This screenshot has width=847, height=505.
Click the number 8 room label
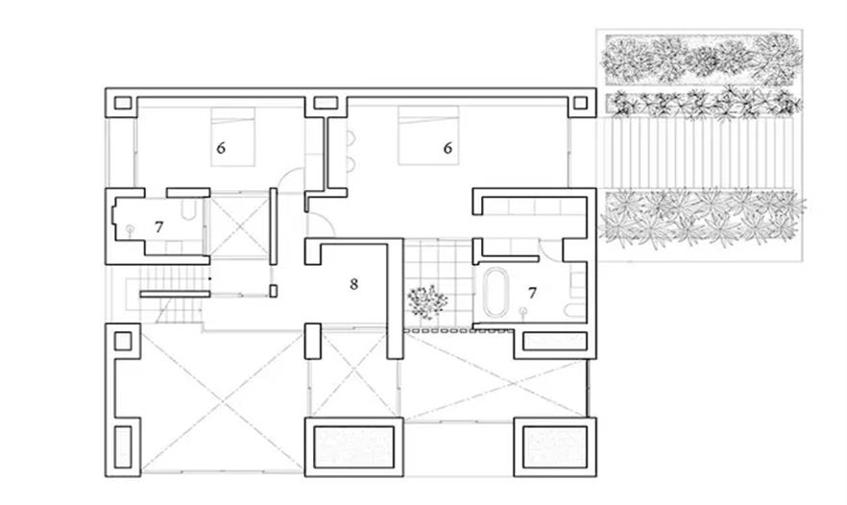(353, 284)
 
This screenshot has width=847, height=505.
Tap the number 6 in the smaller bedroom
(221, 148)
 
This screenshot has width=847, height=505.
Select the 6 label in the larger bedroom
(448, 148)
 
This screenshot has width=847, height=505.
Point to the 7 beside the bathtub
(533, 293)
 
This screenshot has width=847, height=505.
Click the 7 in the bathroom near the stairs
(158, 228)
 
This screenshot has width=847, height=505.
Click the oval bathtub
(494, 292)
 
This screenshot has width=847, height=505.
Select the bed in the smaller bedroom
(232, 136)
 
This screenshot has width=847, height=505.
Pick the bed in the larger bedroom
(428, 135)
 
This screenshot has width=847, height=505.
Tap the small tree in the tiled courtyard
(427, 301)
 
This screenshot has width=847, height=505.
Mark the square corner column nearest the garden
(580, 103)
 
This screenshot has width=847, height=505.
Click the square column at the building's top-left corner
(123, 103)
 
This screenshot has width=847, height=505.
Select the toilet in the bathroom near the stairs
(188, 209)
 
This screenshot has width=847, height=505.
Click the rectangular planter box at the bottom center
(353, 447)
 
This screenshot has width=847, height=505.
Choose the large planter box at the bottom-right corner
(555, 447)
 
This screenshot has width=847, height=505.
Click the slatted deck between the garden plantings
(699, 153)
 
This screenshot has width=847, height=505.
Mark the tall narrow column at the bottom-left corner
(123, 446)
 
